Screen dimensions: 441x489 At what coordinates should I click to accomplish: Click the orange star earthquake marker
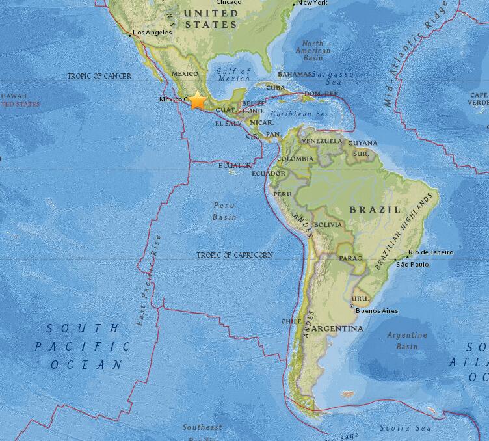point(197,101)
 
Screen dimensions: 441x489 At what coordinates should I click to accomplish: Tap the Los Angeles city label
point(152,32)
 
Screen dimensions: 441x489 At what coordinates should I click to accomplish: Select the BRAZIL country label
point(375,209)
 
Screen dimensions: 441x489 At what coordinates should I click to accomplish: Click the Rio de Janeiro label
point(430,252)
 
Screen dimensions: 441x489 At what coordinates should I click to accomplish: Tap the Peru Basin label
point(225,211)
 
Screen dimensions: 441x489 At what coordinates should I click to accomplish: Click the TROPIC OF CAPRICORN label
point(235,255)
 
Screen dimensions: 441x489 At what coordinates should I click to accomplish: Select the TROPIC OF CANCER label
point(99,76)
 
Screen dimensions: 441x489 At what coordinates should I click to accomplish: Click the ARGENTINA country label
point(337,329)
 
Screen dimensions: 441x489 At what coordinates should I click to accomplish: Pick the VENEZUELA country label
point(321,141)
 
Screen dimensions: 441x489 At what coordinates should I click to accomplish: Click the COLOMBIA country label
point(295,159)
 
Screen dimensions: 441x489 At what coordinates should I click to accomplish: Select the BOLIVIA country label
point(327,225)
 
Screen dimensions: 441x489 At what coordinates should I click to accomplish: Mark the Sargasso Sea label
point(331,78)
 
